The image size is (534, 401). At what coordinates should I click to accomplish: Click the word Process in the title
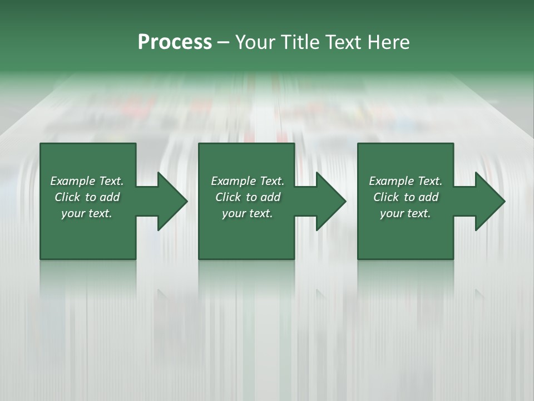(x=175, y=42)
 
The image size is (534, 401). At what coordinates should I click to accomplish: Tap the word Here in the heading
(x=388, y=42)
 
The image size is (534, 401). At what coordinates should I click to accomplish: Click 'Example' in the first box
(x=73, y=181)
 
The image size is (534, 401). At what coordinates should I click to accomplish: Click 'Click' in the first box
(x=67, y=197)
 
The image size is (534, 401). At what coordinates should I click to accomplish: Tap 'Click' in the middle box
(x=228, y=197)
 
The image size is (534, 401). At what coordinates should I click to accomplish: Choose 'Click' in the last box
(x=386, y=197)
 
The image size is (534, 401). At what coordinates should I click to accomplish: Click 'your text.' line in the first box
(x=87, y=213)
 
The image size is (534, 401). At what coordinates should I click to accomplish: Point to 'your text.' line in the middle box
(x=247, y=213)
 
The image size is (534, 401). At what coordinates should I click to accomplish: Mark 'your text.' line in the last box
(x=405, y=213)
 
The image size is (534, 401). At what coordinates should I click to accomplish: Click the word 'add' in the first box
(x=110, y=197)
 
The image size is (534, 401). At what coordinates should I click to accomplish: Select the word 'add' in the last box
(x=428, y=197)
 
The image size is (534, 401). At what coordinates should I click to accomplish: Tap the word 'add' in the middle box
(x=270, y=197)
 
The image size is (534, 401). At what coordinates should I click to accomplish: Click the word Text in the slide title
(x=345, y=42)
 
